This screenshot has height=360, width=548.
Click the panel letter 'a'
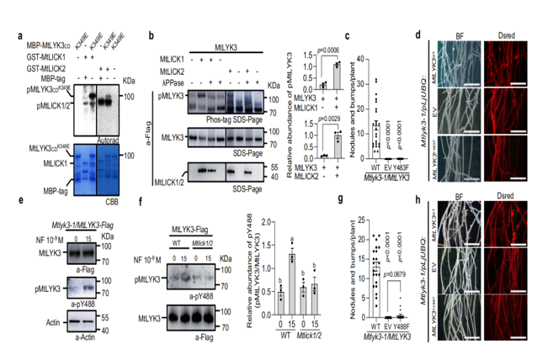18,35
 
